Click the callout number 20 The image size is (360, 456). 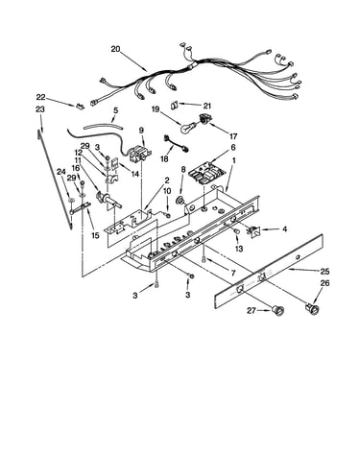click(115, 49)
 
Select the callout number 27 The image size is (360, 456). click(252, 310)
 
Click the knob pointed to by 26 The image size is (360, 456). click(311, 309)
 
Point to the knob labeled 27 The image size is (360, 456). click(277, 311)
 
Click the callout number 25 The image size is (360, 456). click(324, 272)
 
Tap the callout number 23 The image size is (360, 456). click(40, 109)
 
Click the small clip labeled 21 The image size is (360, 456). click(175, 105)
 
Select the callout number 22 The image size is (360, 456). click(40, 97)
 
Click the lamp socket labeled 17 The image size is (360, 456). click(204, 119)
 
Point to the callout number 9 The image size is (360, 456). click(141, 130)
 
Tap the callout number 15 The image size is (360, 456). click(95, 236)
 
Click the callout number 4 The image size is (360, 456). click(284, 229)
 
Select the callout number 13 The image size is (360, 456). click(239, 249)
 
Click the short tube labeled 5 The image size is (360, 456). click(103, 127)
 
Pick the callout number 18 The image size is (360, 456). click(164, 159)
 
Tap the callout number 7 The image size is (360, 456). click(232, 273)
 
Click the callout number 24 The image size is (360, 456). click(60, 172)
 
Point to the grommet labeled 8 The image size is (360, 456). click(181, 201)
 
